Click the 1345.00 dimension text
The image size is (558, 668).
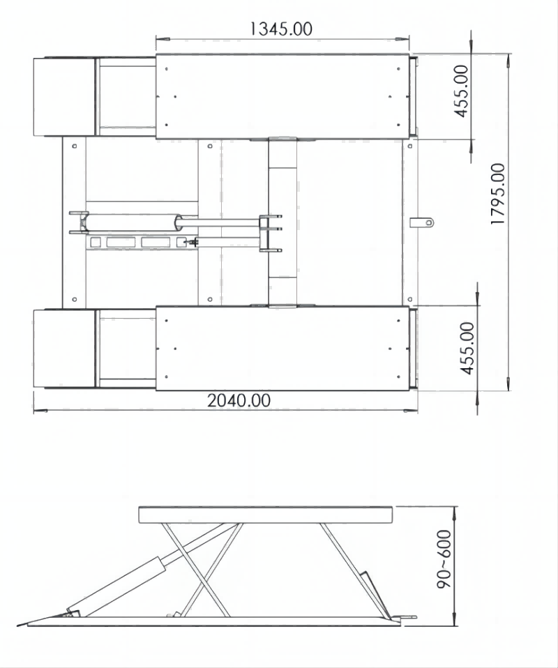pos(280,29)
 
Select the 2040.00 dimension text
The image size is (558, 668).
pos(239,400)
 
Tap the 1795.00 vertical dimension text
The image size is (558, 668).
pos(498,194)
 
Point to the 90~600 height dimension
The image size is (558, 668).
pos(444,559)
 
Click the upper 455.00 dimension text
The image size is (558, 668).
pos(461,91)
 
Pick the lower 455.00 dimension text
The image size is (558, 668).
pos(467,348)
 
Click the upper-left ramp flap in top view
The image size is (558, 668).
pos(64,97)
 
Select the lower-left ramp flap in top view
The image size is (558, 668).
pos(64,349)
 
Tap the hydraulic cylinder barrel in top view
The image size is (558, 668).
pos(132,222)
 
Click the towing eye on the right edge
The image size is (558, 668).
pos(423,222)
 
